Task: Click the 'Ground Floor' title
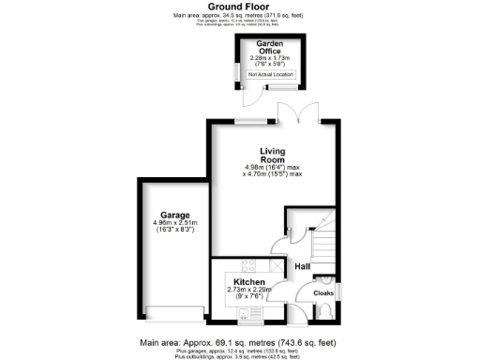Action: click(x=239, y=7)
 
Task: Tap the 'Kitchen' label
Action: click(x=250, y=282)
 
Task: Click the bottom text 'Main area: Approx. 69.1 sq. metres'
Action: click(x=239, y=342)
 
